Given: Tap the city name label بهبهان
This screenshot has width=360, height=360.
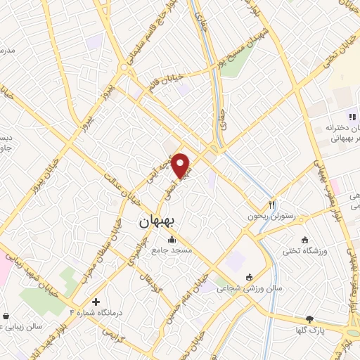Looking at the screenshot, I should point(159,221).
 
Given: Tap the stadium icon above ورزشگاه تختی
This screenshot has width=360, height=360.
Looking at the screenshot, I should point(304,239).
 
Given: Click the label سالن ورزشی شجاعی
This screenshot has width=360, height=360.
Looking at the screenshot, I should point(238,288).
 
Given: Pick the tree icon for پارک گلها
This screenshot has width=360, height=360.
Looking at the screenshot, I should point(309,319).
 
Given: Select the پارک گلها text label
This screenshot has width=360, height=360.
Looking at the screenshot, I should point(309,330).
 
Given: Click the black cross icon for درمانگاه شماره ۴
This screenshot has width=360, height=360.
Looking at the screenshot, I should point(96,302).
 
